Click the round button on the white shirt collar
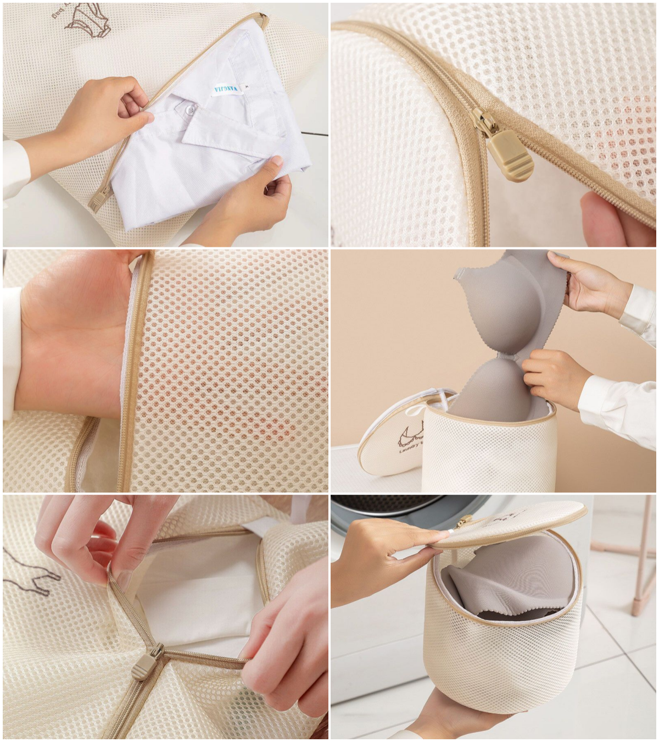tap(189, 110)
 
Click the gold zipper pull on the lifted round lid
tap(465, 521)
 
